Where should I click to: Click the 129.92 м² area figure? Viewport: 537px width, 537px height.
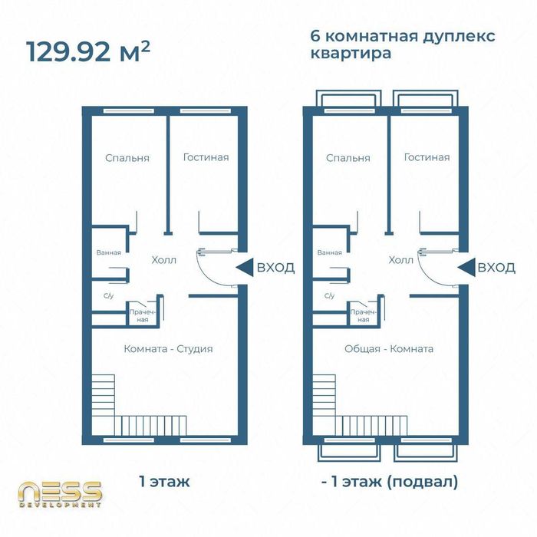(88, 51)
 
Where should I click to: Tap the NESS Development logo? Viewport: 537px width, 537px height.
(60, 494)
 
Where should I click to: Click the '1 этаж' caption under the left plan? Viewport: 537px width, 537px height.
(164, 482)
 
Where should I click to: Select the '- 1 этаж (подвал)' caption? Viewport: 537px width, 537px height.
(390, 483)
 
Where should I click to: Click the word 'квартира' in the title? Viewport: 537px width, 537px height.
(351, 53)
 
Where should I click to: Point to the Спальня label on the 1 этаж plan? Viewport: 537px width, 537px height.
(127, 158)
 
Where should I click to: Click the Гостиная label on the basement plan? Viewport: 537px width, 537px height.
(427, 157)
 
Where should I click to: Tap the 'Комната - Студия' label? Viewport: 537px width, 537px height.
(168, 349)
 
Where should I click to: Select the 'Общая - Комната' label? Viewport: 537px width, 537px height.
(389, 349)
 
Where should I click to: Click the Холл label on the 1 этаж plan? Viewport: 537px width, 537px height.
(164, 260)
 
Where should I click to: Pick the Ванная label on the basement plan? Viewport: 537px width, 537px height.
(329, 252)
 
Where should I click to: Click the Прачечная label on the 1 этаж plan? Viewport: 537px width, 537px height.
(143, 316)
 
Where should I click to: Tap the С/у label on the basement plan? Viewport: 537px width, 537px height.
(329, 296)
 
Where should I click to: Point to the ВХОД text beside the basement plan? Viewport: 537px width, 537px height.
(496, 267)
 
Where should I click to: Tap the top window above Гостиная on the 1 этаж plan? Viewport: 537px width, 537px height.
(205, 111)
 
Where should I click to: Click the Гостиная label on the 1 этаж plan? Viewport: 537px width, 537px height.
(206, 157)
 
